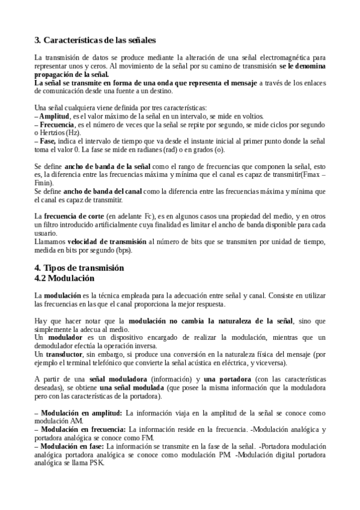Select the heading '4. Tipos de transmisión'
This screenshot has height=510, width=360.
[x=79, y=267]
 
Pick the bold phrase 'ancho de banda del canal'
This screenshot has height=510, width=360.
[x=103, y=191]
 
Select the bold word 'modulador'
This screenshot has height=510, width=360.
[x=65, y=339]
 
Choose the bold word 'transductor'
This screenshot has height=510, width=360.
[x=66, y=355]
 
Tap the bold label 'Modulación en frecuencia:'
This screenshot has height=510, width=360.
[x=84, y=429]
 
